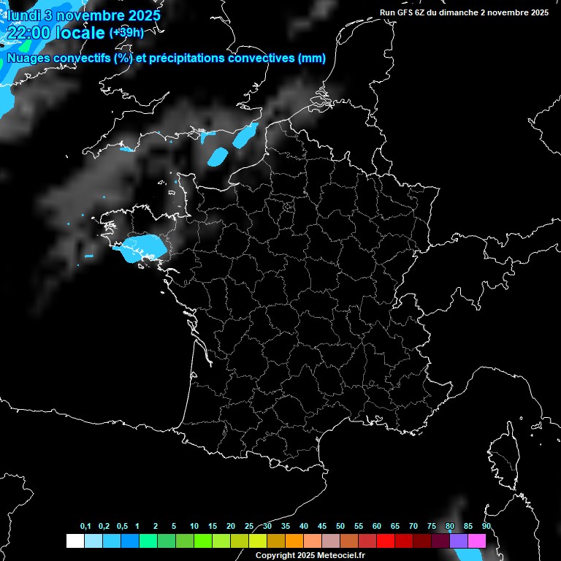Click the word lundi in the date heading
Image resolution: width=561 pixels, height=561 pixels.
tap(23, 15)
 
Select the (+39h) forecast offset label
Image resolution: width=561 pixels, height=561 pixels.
tap(126, 33)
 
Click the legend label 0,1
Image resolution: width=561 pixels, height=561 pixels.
tap(85, 527)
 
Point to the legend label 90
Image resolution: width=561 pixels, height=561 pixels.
tap(486, 527)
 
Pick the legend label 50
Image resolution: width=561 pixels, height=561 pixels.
tap(340, 527)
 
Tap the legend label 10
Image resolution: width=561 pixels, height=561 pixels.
tap(194, 527)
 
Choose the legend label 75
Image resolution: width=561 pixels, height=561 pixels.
tap(431, 527)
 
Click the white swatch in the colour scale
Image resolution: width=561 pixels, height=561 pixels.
tap(75, 541)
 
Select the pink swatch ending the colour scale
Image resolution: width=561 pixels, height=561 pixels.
tap(477, 541)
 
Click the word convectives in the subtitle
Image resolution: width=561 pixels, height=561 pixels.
tap(260, 59)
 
